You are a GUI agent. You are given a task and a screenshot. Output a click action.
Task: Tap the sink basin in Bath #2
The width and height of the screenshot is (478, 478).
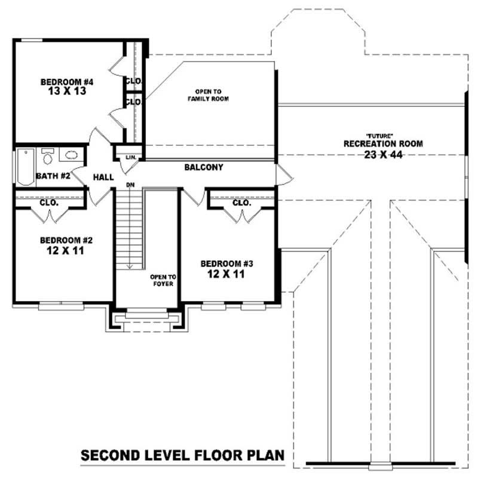[x=71, y=156]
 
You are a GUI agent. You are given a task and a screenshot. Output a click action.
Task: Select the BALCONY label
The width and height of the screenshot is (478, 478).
[x=204, y=168]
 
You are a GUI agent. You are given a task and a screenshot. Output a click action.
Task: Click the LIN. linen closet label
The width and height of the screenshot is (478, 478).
[x=131, y=158]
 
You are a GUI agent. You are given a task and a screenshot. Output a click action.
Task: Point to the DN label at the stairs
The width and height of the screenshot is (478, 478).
[x=129, y=185]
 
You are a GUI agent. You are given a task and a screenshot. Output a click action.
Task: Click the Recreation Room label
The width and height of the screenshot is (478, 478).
[x=383, y=143]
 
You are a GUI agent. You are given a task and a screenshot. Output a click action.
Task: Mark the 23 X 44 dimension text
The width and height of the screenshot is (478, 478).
[x=383, y=154]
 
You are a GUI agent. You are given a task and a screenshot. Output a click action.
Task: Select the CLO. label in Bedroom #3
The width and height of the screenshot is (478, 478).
[x=241, y=203]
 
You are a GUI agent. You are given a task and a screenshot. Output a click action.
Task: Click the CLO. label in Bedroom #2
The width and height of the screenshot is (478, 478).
[x=49, y=203]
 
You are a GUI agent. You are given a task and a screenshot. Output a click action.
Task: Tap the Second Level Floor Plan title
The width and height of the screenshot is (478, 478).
[x=183, y=456]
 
